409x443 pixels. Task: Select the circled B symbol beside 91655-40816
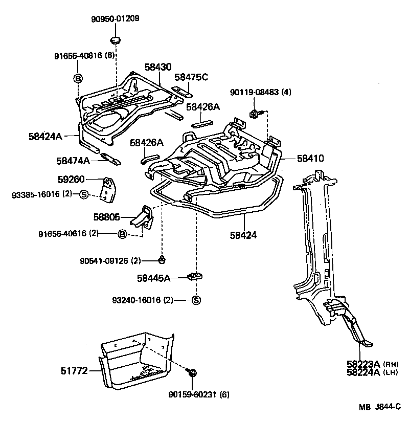[78, 78]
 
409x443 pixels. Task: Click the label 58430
[157, 67]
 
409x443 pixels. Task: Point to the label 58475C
[191, 77]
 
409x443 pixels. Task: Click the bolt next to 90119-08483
[254, 114]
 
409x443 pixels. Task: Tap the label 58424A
[46, 136]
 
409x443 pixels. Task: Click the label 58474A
[73, 160]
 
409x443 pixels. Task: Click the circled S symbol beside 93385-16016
[84, 194]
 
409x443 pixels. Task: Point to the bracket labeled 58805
[144, 218]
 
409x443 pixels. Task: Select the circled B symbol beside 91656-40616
[122, 234]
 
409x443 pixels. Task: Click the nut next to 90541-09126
[162, 259]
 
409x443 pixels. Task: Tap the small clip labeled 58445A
[195, 276]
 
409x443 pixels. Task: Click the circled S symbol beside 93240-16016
[195, 300]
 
